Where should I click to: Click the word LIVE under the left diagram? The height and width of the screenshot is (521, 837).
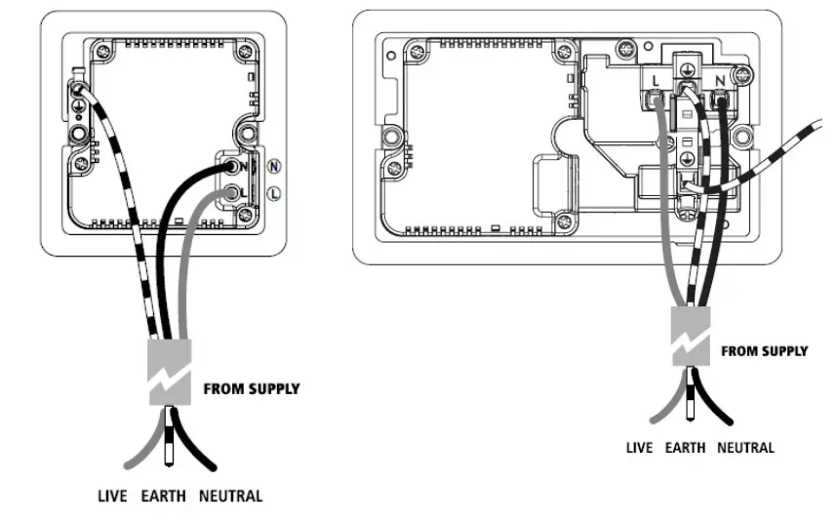113,496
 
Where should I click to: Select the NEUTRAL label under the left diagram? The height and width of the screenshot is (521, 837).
230,496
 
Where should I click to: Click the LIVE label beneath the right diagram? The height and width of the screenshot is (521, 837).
640,448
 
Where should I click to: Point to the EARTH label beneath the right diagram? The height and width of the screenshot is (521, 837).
685,448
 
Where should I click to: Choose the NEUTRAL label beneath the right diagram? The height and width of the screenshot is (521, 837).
745,448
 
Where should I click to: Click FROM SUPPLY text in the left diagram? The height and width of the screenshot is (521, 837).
251,388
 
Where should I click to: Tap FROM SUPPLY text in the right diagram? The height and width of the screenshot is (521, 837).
764,351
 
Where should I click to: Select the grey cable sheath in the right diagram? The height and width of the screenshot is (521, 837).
692,337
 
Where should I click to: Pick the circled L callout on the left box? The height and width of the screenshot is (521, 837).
274,193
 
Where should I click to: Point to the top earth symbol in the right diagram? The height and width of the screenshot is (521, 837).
688,69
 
